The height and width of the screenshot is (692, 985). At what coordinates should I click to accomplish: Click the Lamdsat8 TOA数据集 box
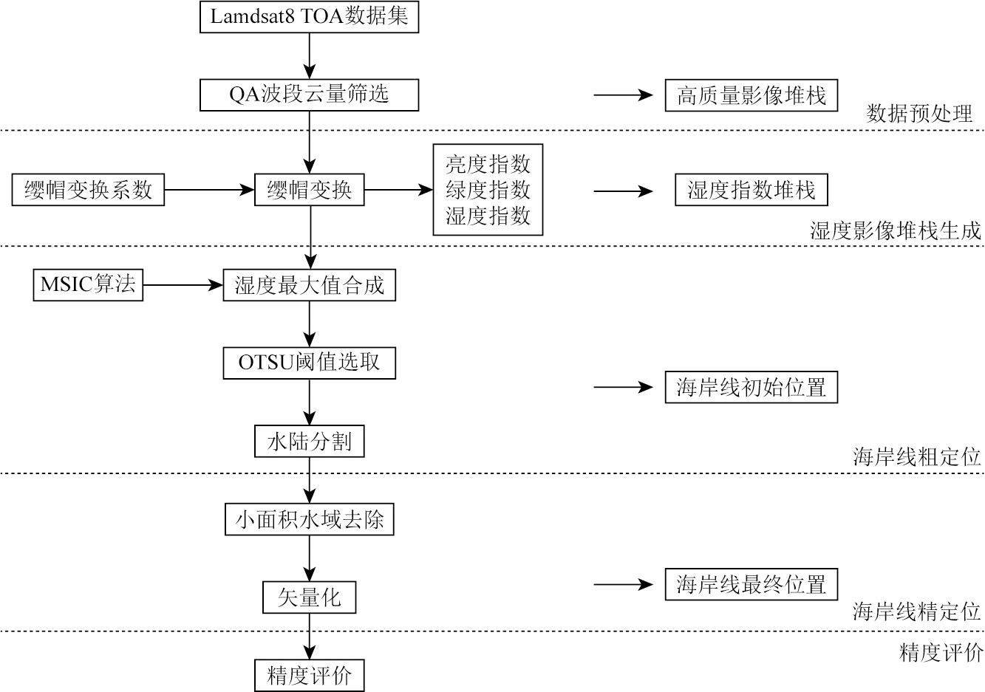pos(309,17)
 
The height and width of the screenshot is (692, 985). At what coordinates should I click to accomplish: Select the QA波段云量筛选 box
pos(309,95)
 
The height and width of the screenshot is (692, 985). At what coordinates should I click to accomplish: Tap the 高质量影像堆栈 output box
pos(751,95)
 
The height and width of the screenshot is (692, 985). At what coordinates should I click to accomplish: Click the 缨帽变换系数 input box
pos(88,191)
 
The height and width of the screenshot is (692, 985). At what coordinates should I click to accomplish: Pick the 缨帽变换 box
pos(309,191)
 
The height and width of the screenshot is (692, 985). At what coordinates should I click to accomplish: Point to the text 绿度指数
pos(488,190)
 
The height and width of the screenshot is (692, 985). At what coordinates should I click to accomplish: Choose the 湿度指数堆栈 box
pos(751,191)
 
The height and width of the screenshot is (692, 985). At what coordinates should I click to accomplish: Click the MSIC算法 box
pos(88,285)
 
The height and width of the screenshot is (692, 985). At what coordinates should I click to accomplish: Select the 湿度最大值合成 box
pos(309,285)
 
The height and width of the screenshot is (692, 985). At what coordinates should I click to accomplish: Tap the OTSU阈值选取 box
pos(309,363)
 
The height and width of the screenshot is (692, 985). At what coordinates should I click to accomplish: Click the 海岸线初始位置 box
pos(751,387)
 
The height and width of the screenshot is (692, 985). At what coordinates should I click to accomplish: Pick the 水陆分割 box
pos(309,442)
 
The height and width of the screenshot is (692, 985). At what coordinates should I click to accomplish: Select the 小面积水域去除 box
pos(309,519)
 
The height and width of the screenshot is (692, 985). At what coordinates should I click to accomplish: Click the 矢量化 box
pos(309,597)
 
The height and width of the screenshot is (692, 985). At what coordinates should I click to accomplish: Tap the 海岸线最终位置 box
pos(751,585)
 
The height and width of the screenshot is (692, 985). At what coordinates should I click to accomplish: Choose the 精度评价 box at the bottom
pos(309,675)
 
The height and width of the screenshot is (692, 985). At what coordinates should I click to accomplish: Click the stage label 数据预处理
pos(919,113)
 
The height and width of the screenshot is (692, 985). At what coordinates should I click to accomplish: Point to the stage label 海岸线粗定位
pos(916,456)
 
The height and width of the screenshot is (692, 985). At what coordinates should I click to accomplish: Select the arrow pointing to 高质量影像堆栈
pos(624,95)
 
